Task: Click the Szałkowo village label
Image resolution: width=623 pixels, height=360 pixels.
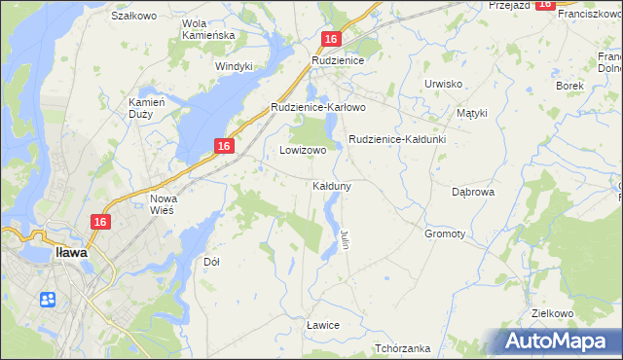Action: tap(134, 17)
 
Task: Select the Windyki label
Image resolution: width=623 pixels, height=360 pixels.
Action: tap(234, 66)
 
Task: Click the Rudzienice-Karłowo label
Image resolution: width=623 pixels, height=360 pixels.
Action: tap(317, 107)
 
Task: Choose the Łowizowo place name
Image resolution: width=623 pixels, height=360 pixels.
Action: tap(303, 151)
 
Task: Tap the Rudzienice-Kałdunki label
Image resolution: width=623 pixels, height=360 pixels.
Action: tap(396, 139)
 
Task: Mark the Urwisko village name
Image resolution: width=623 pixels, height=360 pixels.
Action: tap(443, 84)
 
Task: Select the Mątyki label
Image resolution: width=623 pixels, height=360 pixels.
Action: tap(471, 113)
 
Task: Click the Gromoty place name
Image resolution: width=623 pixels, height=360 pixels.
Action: tap(445, 234)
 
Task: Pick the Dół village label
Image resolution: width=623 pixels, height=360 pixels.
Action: tap(211, 262)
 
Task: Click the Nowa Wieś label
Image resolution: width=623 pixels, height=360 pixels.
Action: tap(162, 205)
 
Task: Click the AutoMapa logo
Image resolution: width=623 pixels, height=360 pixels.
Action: tap(561, 341)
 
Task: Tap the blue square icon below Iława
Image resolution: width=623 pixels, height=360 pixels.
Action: tap(48, 299)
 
